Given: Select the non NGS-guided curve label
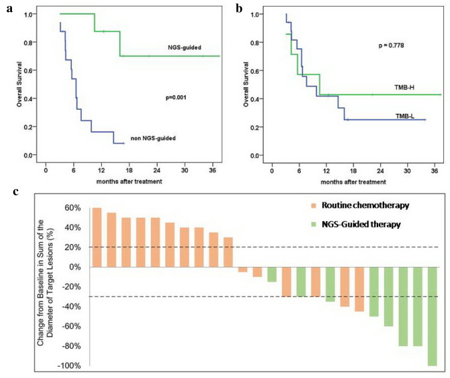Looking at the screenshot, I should click(x=164, y=138).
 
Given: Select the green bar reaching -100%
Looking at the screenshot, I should click(x=433, y=316).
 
